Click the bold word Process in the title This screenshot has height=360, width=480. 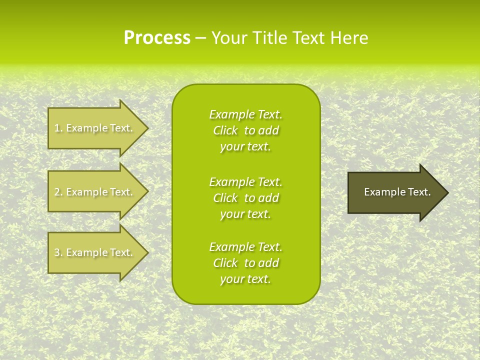coord(157,38)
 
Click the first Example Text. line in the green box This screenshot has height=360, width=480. coord(245,114)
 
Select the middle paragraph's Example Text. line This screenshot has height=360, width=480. coord(245,182)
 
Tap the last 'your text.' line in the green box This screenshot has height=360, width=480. coord(245,279)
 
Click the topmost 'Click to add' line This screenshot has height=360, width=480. coord(245,130)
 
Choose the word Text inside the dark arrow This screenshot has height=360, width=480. coord(419,192)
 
